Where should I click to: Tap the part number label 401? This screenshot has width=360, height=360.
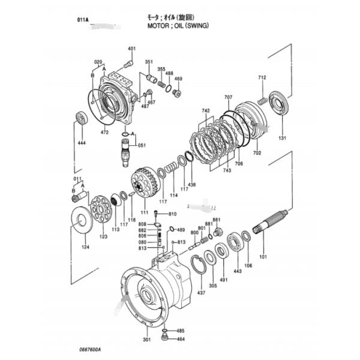[131, 48]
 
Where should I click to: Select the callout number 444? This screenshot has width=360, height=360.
[82, 143]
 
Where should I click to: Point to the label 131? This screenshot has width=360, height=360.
[283, 138]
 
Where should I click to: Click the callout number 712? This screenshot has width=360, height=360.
[262, 79]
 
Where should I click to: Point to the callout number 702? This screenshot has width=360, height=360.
[257, 154]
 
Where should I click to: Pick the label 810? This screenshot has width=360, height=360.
[172, 214]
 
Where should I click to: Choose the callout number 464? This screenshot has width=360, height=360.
[181, 339]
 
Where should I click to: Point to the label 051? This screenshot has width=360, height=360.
[142, 145]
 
